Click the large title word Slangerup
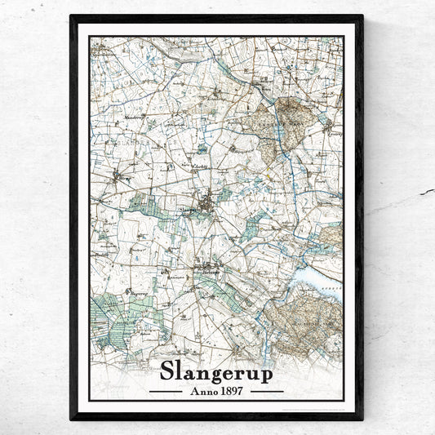pyautogui.click(x=216, y=370)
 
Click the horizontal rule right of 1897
pyautogui.click(x=267, y=391)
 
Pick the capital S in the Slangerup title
pyautogui.click(x=167, y=370)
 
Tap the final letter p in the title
pyautogui.click(x=266, y=372)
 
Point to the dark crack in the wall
pyautogui.click(x=425, y=193)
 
